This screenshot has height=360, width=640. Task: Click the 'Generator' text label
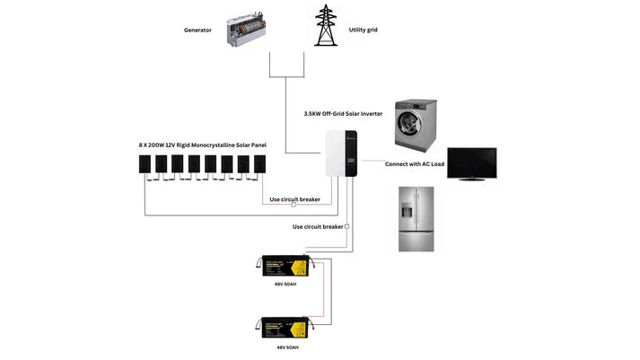click(197, 31)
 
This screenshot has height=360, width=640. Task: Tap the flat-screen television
click(471, 164)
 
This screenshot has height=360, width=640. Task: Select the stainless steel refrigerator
click(416, 218)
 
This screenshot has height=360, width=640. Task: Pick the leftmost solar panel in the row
click(145, 164)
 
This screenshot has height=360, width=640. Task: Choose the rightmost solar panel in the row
click(260, 164)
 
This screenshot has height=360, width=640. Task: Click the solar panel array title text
click(203, 145)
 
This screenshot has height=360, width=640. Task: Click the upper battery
click(285, 267)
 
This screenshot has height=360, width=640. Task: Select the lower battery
click(285, 328)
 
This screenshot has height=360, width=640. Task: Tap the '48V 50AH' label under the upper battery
click(285, 285)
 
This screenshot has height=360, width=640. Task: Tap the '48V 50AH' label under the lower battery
click(285, 347)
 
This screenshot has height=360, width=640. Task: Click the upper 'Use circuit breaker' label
click(294, 199)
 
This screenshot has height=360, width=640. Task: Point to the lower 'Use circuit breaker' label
click(318, 227)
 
